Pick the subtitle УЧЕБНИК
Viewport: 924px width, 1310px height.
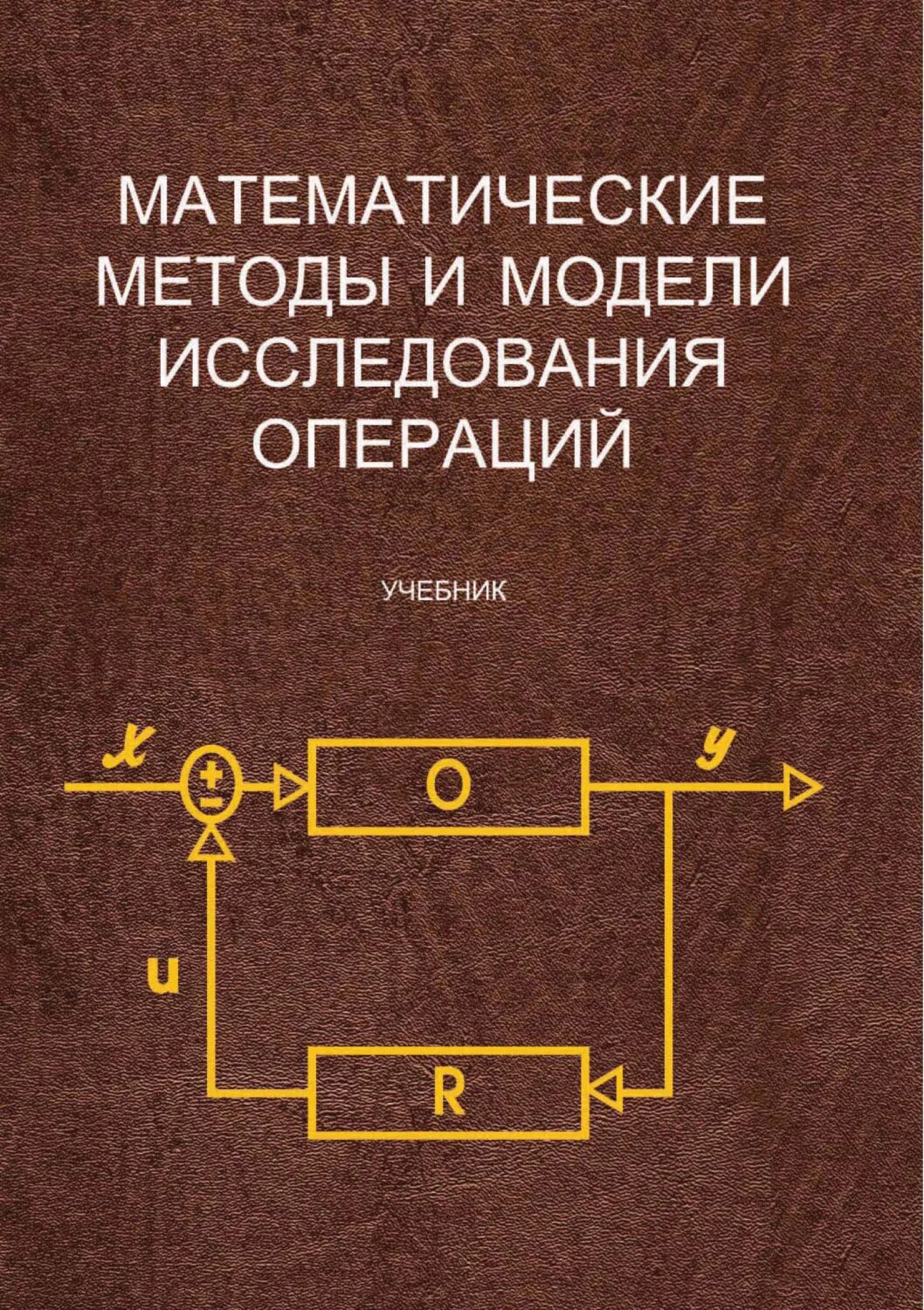pyautogui.click(x=444, y=591)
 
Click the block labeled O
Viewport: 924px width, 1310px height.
pyautogui.click(x=448, y=784)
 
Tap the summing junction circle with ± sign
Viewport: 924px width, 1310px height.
pyautogui.click(x=211, y=785)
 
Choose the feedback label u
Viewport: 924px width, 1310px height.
pyautogui.click(x=164, y=976)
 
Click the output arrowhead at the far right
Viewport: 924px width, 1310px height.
pyautogui.click(x=802, y=786)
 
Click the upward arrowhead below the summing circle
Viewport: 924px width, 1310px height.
pyautogui.click(x=210, y=843)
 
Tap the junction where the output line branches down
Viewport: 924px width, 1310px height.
pyautogui.click(x=670, y=786)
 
